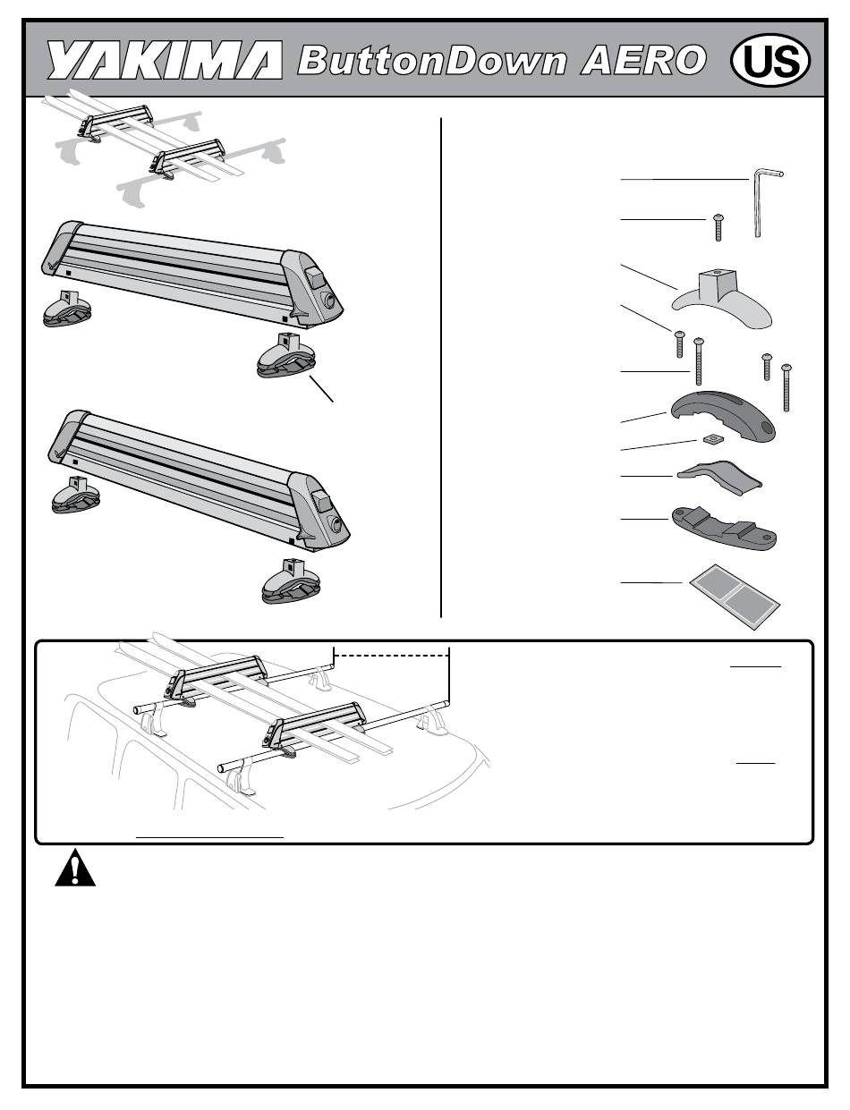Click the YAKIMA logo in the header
[x=165, y=60]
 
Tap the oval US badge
[x=770, y=60]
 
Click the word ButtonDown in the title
[x=432, y=60]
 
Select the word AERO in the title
[x=643, y=60]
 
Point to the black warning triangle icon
[x=75, y=868]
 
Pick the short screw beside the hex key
[x=718, y=227]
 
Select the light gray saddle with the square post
[x=722, y=299]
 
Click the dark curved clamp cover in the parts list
[x=723, y=414]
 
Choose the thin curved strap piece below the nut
[x=719, y=477]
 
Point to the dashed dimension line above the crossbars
[x=391, y=655]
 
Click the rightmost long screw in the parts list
[x=786, y=387]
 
